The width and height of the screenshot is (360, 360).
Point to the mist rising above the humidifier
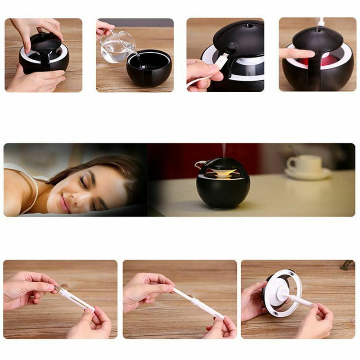pyautogui.click(x=224, y=151)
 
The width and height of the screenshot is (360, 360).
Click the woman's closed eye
pyautogui.click(x=84, y=180)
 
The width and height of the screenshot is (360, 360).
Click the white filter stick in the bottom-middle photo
pyautogui.click(x=198, y=302)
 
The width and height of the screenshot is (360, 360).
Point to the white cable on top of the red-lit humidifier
pyautogui.click(x=321, y=22)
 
